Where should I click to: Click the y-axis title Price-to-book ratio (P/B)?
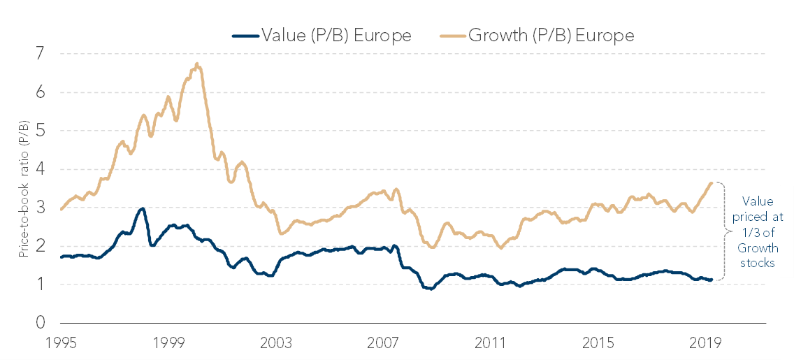(24, 188)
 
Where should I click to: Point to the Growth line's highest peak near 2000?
(196, 64)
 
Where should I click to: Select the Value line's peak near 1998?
(143, 208)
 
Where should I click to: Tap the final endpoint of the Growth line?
(712, 182)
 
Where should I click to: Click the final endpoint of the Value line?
(712, 280)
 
